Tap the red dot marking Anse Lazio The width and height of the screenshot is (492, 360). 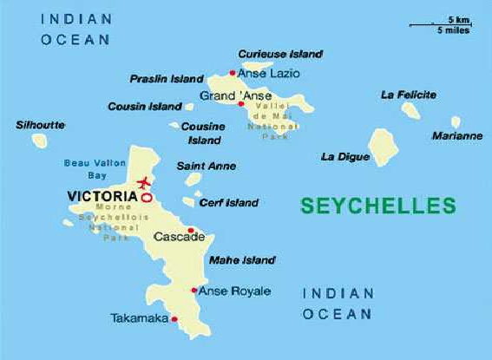(232, 73)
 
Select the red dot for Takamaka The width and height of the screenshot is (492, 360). (175, 319)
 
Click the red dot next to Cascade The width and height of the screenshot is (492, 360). (191, 230)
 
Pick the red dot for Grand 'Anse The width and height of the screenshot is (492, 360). (240, 103)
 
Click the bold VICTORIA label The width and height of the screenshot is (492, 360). (102, 197)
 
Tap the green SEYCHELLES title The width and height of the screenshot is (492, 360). (377, 206)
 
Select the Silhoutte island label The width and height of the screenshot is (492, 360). (40, 125)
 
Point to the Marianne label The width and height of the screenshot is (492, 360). (457, 136)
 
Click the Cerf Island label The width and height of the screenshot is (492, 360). (229, 203)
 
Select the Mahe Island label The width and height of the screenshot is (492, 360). (242, 259)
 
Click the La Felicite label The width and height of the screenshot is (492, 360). (409, 94)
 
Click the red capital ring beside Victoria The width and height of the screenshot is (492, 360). (146, 198)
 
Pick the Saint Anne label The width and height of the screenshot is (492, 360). (206, 166)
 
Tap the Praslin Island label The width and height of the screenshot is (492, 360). (167, 79)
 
